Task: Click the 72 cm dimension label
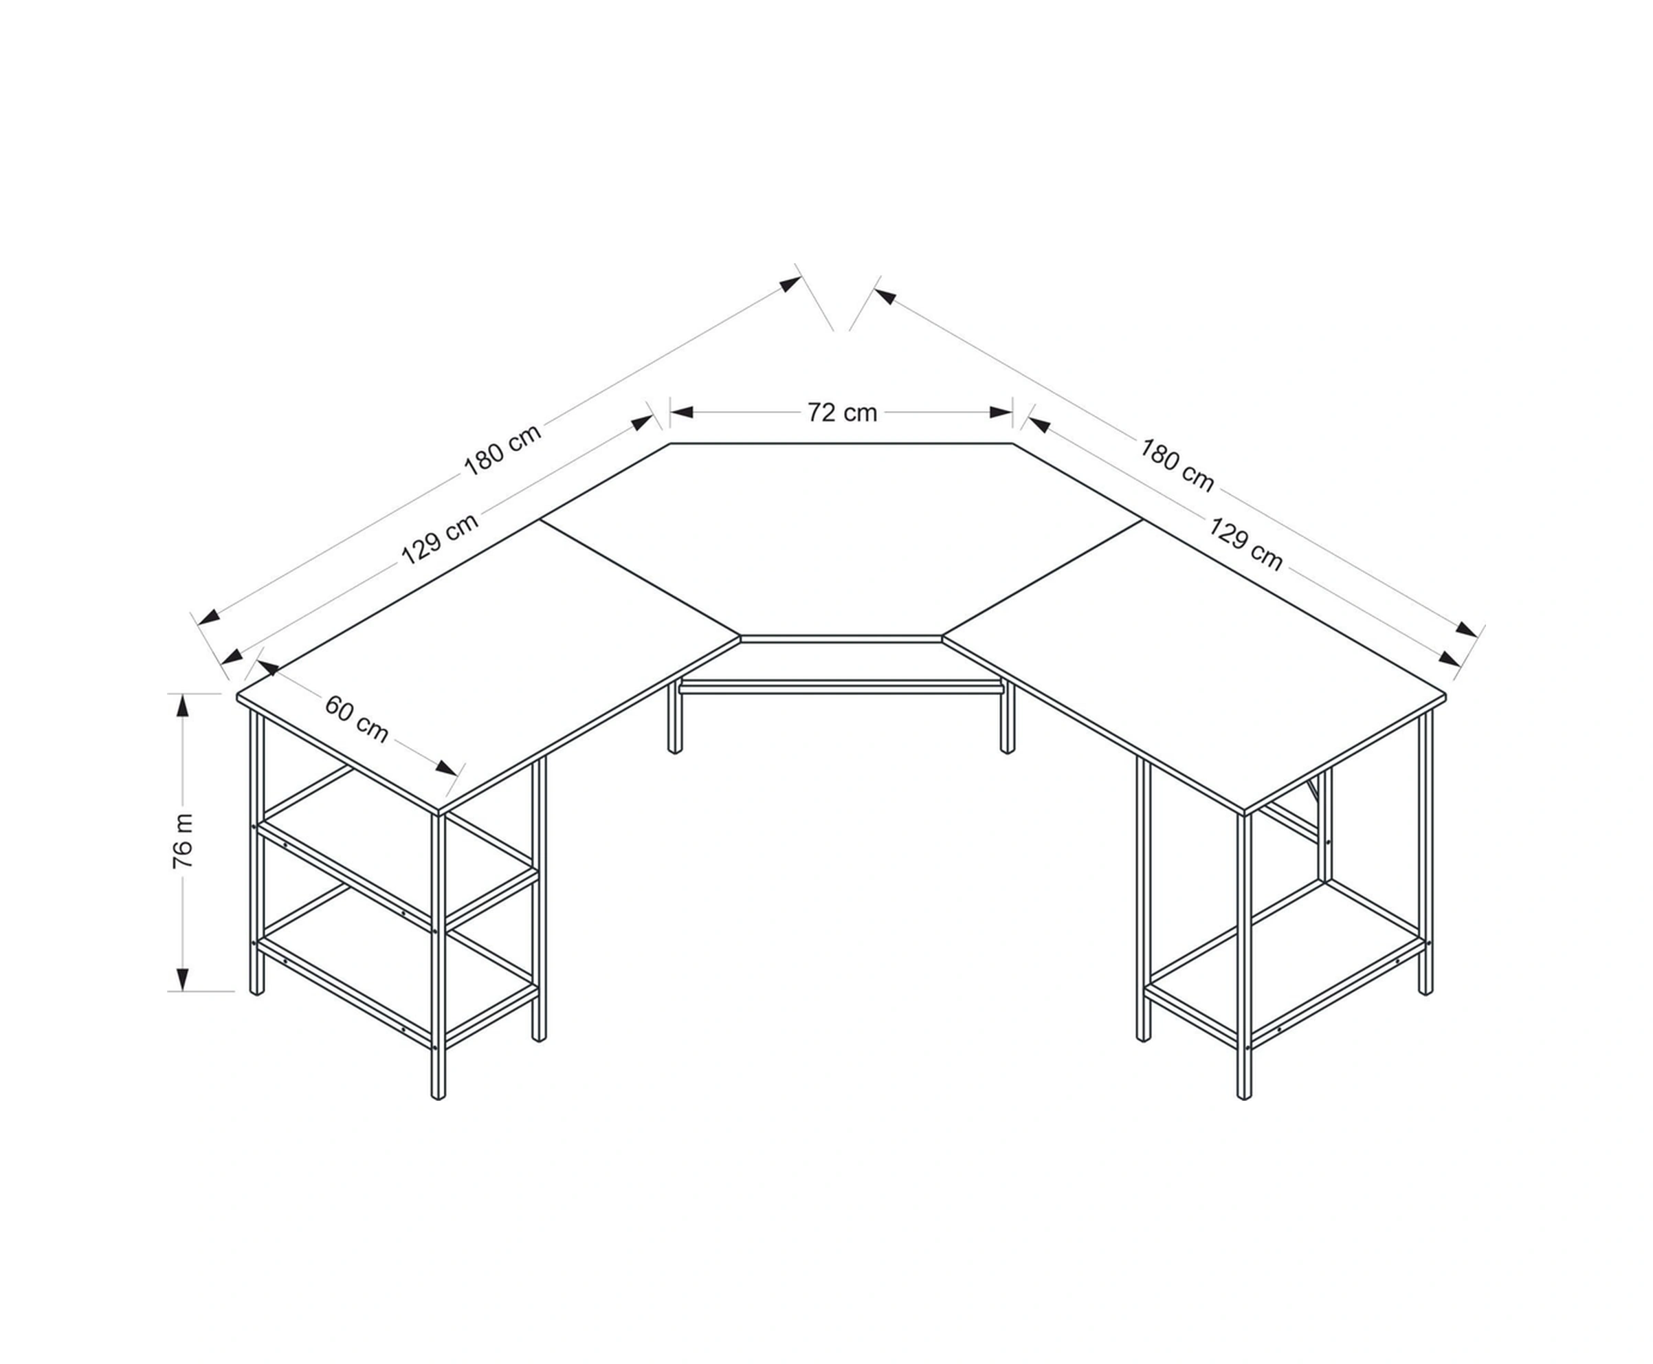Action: tap(841, 412)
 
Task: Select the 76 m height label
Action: tap(182, 841)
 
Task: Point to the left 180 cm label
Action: tap(503, 450)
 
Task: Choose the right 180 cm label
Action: tap(1177, 465)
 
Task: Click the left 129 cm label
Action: tap(440, 539)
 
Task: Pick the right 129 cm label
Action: tap(1245, 544)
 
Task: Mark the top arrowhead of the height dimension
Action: tap(182, 705)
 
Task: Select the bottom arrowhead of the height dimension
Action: tap(182, 979)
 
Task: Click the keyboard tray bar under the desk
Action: tap(841, 689)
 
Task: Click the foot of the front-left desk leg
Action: tap(439, 1094)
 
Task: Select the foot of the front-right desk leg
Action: tap(1243, 1094)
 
